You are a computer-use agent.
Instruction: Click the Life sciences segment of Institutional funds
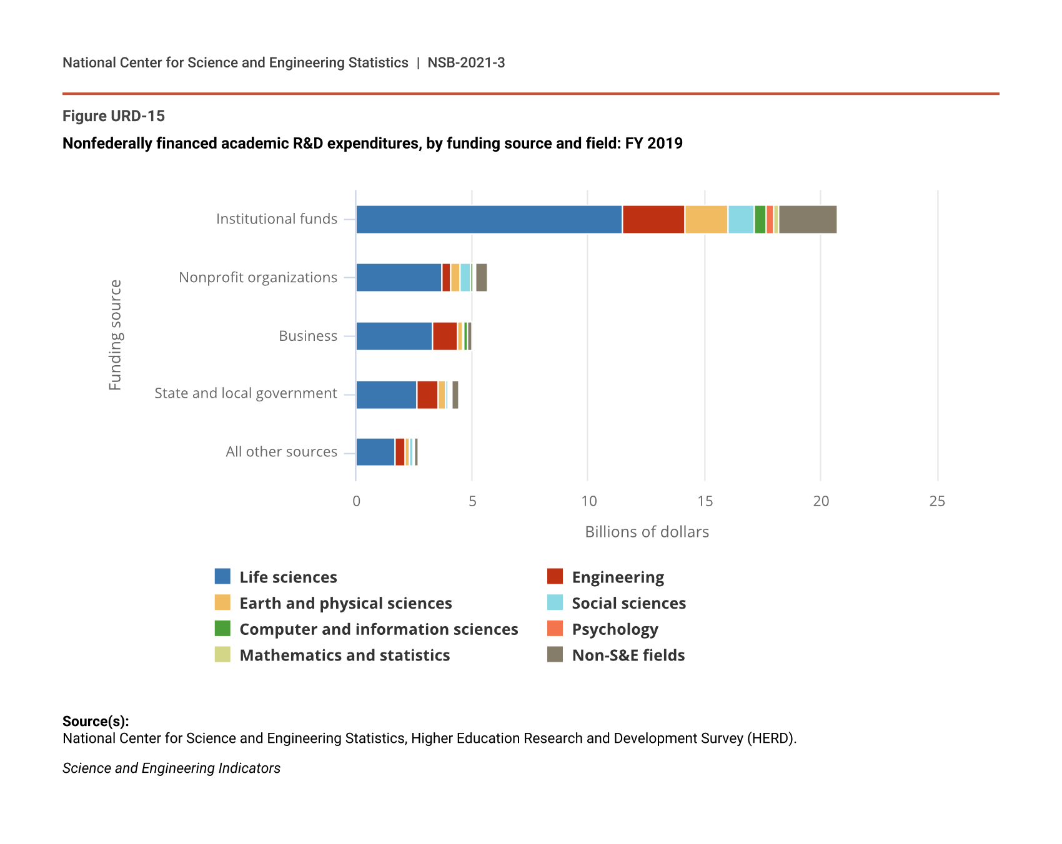coord(489,220)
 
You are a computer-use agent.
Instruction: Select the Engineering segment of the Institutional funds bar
coord(653,220)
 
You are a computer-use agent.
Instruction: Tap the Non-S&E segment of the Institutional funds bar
coord(808,220)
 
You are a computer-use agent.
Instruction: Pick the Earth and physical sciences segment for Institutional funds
coord(706,220)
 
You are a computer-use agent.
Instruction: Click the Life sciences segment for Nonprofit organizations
coord(399,278)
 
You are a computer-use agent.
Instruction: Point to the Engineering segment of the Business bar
coord(445,336)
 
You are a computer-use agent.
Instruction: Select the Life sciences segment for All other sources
coord(375,452)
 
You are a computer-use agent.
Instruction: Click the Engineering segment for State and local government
coord(427,395)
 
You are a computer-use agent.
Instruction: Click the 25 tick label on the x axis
coord(937,501)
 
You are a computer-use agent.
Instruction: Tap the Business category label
coord(308,336)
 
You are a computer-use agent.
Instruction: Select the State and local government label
coord(246,393)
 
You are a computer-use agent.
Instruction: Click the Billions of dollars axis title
coord(647,532)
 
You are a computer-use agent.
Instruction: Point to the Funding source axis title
coord(116,335)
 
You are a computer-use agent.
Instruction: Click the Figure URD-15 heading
coord(114,116)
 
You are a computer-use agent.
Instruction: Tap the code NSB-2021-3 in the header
coord(466,63)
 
